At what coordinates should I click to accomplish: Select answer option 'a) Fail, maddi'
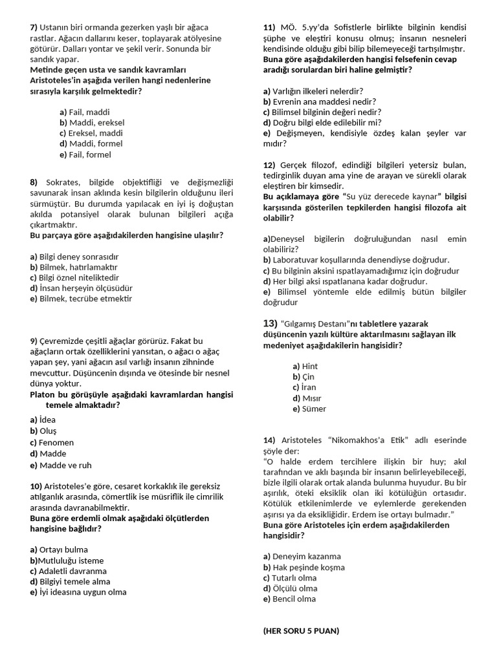click(85, 112)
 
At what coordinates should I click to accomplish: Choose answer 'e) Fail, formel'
click(85, 155)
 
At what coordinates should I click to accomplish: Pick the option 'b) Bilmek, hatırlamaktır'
click(74, 267)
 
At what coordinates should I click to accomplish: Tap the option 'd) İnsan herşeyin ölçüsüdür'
click(81, 288)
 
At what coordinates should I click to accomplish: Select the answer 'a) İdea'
click(43, 420)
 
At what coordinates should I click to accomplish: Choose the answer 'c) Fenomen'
click(52, 443)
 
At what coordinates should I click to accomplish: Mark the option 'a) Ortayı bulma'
click(59, 550)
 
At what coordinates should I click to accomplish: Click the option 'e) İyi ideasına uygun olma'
click(78, 592)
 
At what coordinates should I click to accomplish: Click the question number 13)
click(271, 323)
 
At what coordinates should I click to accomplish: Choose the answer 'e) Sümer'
click(309, 409)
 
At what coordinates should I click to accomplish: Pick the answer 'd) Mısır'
click(307, 398)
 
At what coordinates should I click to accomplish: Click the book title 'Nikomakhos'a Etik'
click(368, 440)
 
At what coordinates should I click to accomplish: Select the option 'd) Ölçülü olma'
click(291, 588)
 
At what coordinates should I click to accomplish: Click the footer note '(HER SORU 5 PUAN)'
click(301, 631)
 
